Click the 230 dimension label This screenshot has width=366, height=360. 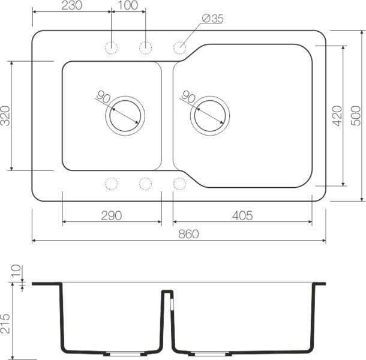(72, 5)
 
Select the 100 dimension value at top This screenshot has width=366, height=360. (128, 5)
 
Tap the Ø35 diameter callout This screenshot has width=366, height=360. (213, 19)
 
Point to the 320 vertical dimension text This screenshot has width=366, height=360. (6, 115)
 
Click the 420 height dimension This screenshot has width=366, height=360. (337, 115)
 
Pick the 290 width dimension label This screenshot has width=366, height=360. (112, 215)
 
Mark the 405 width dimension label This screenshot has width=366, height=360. (242, 215)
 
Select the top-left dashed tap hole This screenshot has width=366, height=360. (112, 47)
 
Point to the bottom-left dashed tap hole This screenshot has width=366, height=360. (112, 183)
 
